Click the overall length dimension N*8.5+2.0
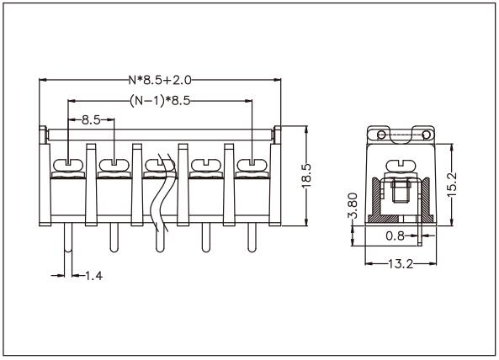point(160,81)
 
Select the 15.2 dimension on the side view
point(453,180)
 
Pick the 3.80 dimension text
point(353,207)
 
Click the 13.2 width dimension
point(399,263)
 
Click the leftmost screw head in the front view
point(67,164)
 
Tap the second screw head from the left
point(113,164)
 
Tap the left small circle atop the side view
point(381,135)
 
